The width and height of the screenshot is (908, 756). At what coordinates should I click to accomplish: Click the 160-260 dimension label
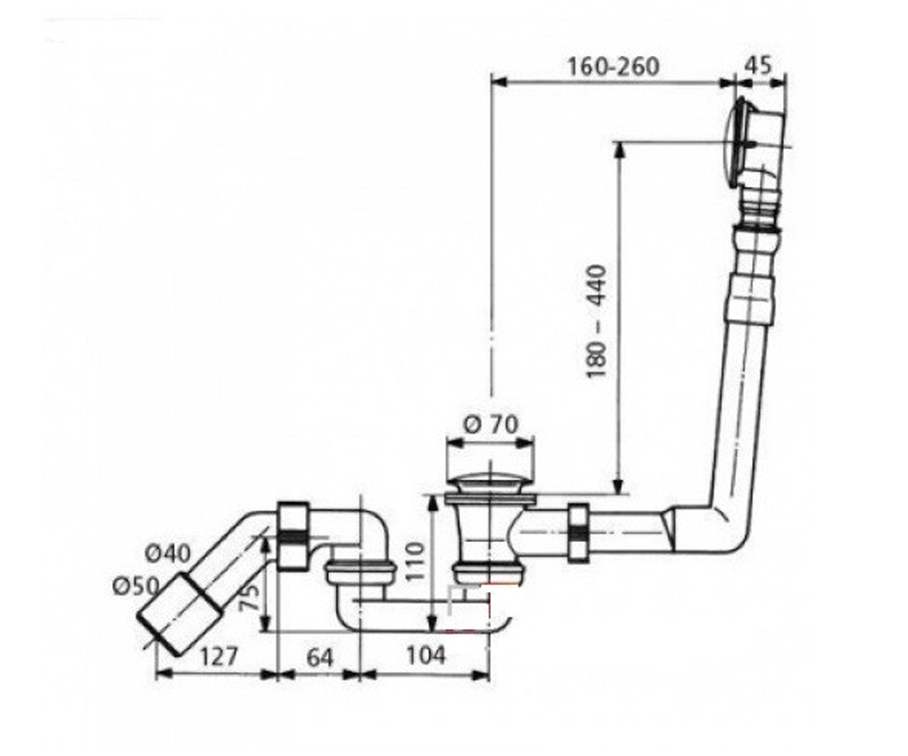[x=614, y=67]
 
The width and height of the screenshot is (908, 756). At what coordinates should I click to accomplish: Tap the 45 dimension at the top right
[x=758, y=66]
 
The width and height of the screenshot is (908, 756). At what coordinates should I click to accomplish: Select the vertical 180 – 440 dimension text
[x=597, y=322]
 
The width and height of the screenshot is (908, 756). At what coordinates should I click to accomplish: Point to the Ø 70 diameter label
[x=491, y=424]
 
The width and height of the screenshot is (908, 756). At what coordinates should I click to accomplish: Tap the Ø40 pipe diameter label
[x=167, y=553]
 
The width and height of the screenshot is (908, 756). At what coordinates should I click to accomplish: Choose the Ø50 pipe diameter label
[x=135, y=586]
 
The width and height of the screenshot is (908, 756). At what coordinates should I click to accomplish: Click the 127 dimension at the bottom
[x=219, y=656]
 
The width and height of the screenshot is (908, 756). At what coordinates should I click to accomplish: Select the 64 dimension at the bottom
[x=319, y=658]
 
